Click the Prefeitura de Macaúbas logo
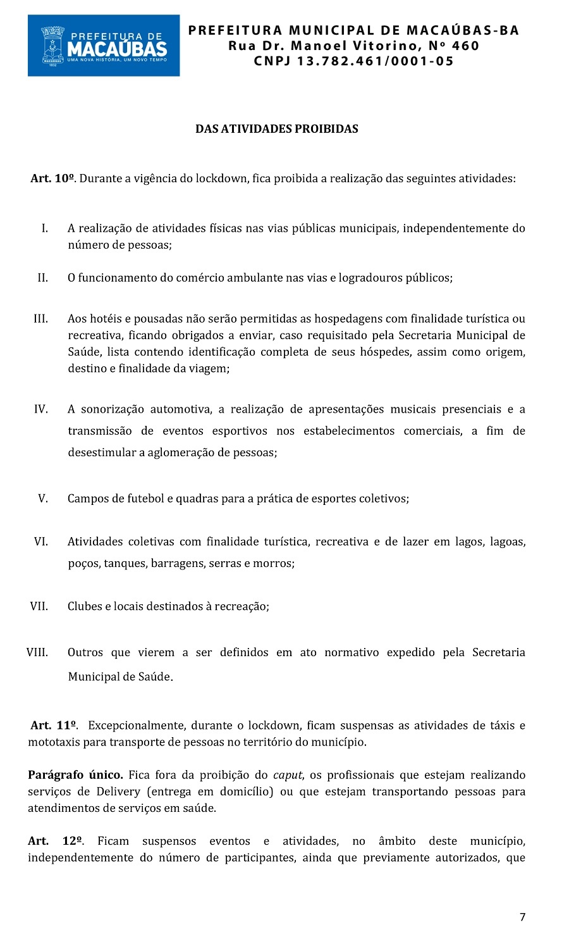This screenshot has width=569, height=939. click(x=104, y=46)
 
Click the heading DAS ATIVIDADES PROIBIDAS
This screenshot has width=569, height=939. click(x=276, y=129)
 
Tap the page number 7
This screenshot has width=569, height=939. click(x=522, y=917)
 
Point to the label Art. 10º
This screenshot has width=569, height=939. click(x=53, y=178)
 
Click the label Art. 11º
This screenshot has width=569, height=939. click(x=54, y=725)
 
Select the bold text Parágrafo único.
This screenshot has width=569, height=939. click(x=75, y=774)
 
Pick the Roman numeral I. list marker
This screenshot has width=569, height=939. click(x=44, y=228)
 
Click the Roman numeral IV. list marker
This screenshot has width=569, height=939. click(x=40, y=409)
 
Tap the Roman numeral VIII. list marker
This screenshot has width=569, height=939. click(x=37, y=652)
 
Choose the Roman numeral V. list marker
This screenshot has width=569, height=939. click(x=42, y=499)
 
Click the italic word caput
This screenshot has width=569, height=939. click(x=287, y=774)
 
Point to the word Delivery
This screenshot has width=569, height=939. click(x=119, y=792)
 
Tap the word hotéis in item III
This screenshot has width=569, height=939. click(x=105, y=319)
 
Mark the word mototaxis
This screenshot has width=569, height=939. click(x=54, y=742)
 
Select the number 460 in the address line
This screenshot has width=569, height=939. click(x=465, y=46)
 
